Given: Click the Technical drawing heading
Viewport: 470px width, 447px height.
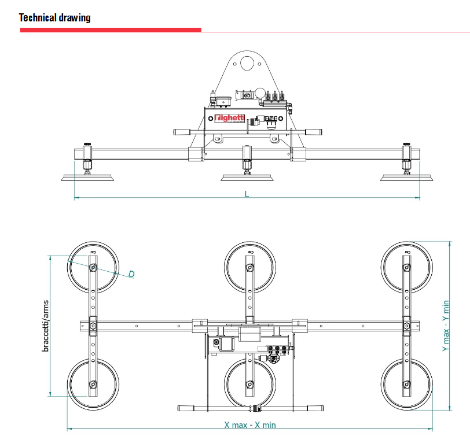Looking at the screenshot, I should click(x=55, y=17).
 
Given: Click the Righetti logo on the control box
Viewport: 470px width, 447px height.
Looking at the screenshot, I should click(x=229, y=118).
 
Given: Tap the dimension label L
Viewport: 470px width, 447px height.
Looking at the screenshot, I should click(x=247, y=194).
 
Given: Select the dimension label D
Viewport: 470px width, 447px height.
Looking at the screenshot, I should click(x=131, y=274).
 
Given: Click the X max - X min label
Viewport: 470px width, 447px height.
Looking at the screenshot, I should click(x=250, y=425).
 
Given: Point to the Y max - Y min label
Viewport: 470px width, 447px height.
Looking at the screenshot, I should click(x=446, y=326).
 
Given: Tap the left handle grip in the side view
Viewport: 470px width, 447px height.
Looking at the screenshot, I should click(x=182, y=132).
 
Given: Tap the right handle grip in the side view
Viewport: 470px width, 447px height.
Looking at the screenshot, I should click(x=313, y=132).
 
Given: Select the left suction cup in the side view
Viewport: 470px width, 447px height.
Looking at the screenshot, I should click(x=87, y=176).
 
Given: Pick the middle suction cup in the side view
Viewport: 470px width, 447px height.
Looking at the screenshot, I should click(x=247, y=176).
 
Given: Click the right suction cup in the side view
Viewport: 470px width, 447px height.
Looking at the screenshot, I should click(x=406, y=176).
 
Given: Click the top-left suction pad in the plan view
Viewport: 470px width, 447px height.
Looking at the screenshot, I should click(x=93, y=267).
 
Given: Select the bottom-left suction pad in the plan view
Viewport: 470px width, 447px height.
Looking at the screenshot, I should click(x=93, y=384).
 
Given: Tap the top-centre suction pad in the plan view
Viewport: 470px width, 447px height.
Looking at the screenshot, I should click(x=249, y=267).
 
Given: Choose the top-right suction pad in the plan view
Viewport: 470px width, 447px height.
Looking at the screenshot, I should click(x=406, y=267).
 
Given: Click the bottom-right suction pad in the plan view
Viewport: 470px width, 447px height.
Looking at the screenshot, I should click(x=406, y=384).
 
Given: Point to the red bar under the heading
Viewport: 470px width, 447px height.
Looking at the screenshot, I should click(x=111, y=29).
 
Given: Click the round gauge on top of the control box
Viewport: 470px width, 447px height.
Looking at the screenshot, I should click(x=261, y=92).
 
